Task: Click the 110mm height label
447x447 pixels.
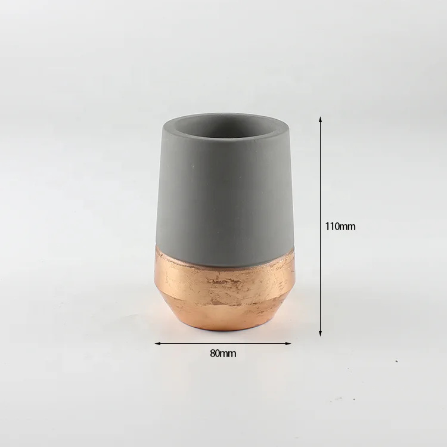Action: [340, 226]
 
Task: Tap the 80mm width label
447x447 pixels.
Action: [223, 353]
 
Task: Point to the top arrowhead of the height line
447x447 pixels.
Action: [321, 119]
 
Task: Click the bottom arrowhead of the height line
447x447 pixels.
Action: [321, 333]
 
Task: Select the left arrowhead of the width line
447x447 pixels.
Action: [158, 343]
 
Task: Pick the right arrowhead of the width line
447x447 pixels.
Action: [288, 343]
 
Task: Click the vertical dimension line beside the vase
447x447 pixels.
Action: [321, 226]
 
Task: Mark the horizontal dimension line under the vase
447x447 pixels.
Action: [223, 343]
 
